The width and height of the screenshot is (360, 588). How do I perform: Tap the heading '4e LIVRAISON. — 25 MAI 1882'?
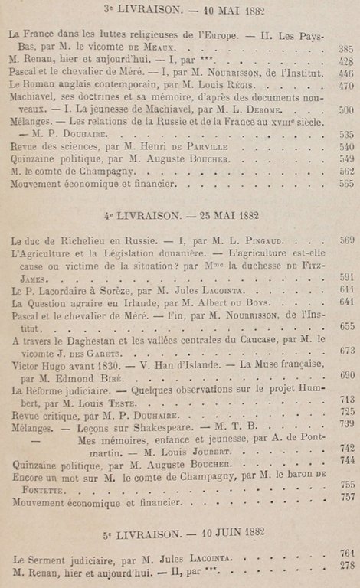(x=180, y=214)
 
